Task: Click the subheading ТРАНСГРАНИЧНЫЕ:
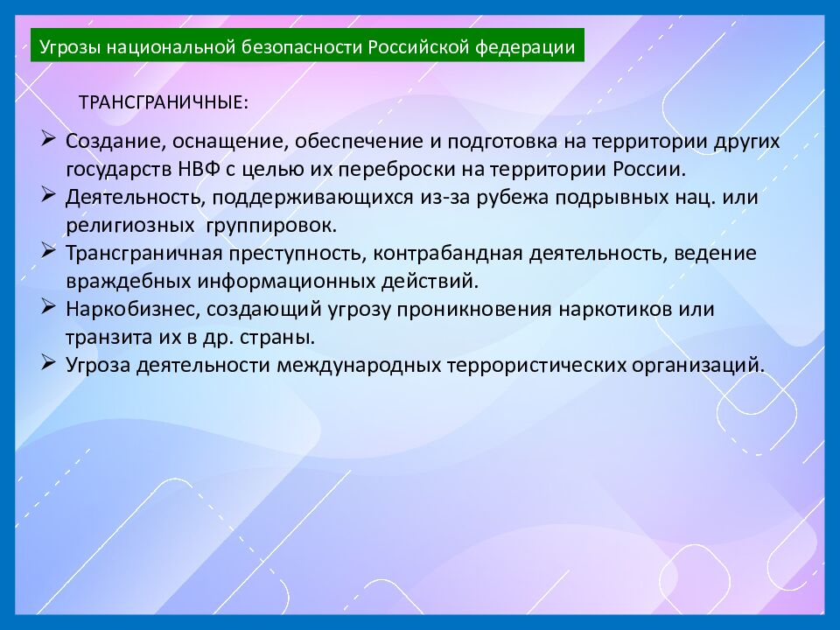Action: tap(164, 101)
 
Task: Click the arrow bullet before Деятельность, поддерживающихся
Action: tap(49, 195)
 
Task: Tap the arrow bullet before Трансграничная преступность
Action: tap(49, 251)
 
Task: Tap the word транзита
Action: tap(101, 337)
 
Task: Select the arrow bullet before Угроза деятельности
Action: tap(49, 363)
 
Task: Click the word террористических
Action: tap(555, 365)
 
